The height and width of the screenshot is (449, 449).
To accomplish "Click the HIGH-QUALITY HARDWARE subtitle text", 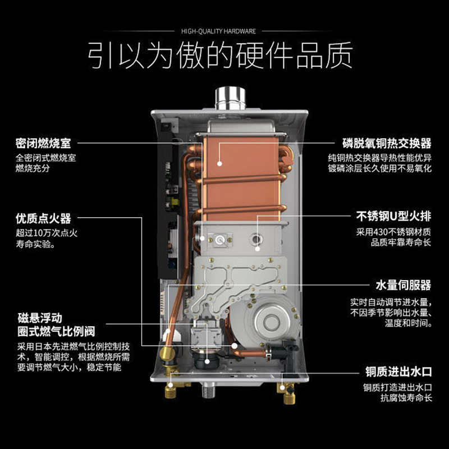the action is [x=218, y=31].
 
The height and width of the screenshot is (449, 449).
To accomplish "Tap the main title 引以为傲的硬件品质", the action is [x=220, y=55].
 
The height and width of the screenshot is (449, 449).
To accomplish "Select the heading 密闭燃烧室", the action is [x=43, y=143].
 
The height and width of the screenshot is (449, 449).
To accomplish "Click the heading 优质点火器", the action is [x=43, y=218].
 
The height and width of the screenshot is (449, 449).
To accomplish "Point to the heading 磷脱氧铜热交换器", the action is [x=387, y=143].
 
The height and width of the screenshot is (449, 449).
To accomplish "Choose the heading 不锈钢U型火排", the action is [x=394, y=216].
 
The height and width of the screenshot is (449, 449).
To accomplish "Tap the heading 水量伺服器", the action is [x=404, y=285].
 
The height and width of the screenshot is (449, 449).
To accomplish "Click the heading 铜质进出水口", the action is [x=398, y=372].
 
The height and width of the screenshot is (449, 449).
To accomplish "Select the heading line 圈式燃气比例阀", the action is [x=56, y=331].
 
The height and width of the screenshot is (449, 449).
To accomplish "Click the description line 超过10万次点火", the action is [x=47, y=232].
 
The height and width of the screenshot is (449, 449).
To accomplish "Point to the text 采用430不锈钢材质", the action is [x=394, y=231].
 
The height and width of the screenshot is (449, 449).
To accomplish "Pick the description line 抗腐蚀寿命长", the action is [x=406, y=398].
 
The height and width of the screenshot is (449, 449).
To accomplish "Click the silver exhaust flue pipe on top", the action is [x=230, y=98].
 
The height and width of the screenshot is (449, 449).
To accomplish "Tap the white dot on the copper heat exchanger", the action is [x=219, y=164].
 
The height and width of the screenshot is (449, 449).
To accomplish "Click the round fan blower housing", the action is [x=271, y=321].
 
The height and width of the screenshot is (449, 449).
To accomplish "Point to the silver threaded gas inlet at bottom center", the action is [x=208, y=390].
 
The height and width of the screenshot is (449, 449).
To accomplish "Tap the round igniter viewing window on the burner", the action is [x=220, y=240].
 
